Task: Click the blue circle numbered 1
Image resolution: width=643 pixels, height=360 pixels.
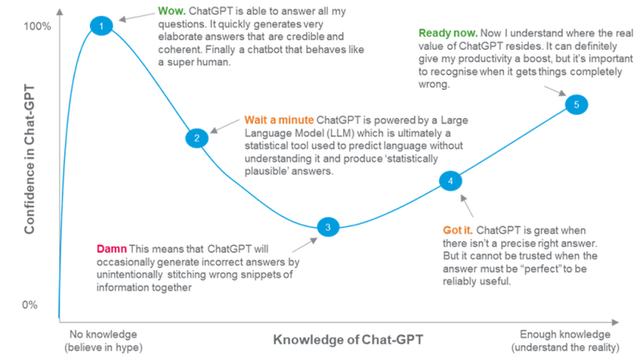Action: [x=101, y=26]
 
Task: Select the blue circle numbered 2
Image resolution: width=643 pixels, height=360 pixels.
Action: [x=197, y=138]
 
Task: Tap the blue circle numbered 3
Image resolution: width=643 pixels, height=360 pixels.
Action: [x=328, y=227]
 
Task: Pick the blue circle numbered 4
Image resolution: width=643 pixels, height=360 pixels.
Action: [x=451, y=181]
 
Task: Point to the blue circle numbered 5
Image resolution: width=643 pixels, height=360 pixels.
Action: [x=577, y=105]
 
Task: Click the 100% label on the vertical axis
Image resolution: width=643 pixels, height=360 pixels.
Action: [x=38, y=27]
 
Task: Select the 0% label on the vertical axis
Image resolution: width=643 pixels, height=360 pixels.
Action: [x=29, y=304]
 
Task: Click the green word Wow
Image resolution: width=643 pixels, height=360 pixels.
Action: [x=171, y=11]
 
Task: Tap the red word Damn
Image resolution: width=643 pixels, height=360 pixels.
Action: [x=111, y=249]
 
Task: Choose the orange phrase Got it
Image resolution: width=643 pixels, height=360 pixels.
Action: [x=458, y=231]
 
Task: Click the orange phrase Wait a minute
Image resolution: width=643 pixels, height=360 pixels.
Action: [x=279, y=120]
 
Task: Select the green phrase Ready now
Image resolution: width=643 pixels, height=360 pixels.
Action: [x=448, y=33]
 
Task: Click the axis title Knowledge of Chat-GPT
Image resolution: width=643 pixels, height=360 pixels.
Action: [x=348, y=340]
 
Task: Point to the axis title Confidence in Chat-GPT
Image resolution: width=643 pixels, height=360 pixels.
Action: [x=29, y=159]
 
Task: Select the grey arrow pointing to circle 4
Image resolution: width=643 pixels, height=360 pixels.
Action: [x=466, y=206]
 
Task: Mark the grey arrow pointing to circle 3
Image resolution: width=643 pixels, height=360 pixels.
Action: [x=304, y=245]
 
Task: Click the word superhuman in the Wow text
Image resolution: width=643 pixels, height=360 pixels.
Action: [x=199, y=63]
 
